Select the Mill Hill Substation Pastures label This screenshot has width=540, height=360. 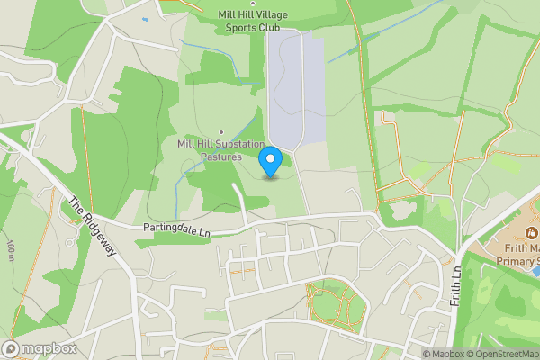tap(220, 149)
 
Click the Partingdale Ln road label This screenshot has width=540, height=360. tap(175, 230)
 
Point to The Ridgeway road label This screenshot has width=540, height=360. tap(93, 226)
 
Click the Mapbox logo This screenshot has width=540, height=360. tap(40, 348)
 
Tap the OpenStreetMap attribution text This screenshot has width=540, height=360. tap(504, 354)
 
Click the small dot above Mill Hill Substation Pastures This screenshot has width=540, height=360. tap(221, 130)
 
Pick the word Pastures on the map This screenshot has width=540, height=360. tap(220, 156)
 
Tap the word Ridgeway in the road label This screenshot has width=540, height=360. tap(97, 232)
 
